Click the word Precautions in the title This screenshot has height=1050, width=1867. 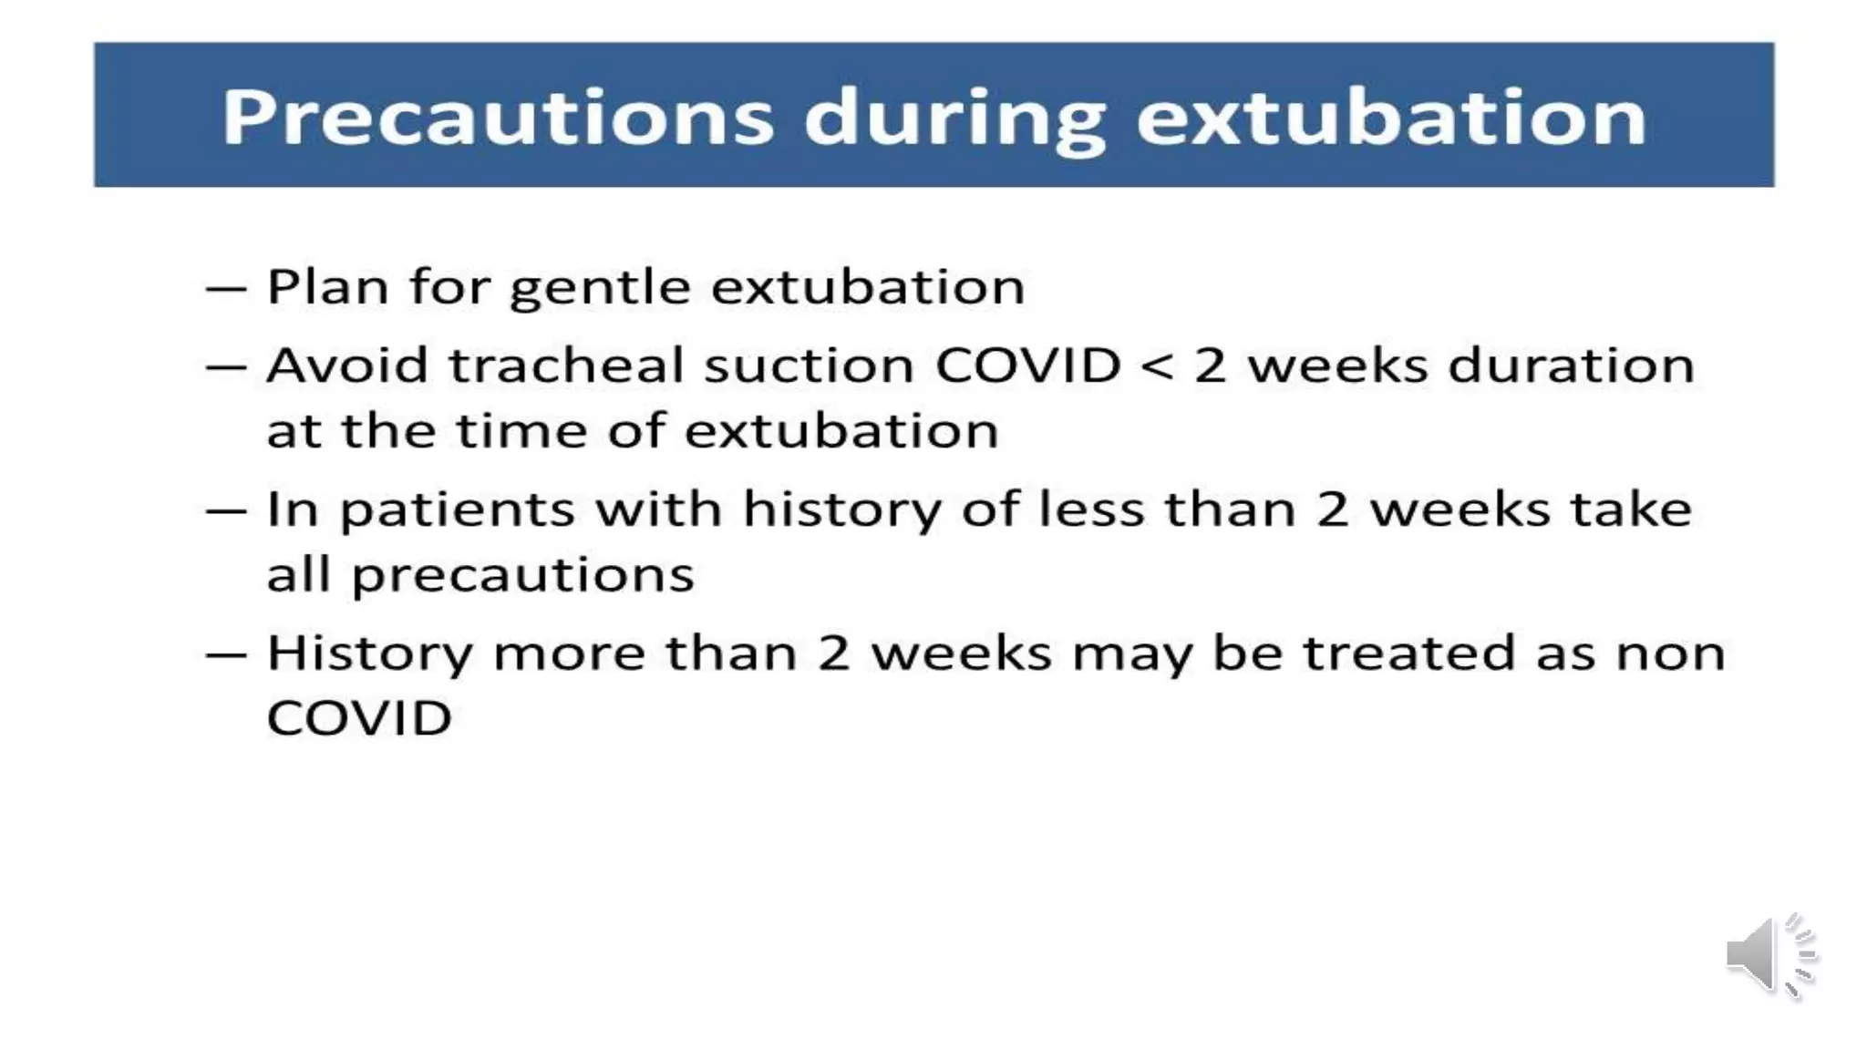click(498, 118)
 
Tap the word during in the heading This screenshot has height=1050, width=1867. click(954, 118)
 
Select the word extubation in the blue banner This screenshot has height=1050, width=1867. click(1391, 118)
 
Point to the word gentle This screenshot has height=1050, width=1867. click(599, 288)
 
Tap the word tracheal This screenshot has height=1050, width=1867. click(565, 365)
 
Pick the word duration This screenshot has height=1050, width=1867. click(1571, 365)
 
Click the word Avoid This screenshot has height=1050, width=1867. click(346, 365)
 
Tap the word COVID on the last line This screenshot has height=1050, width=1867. click(359, 718)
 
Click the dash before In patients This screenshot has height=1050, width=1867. click(226, 510)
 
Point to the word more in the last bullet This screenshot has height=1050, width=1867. click(569, 654)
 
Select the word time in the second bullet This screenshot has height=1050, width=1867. click(521, 430)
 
